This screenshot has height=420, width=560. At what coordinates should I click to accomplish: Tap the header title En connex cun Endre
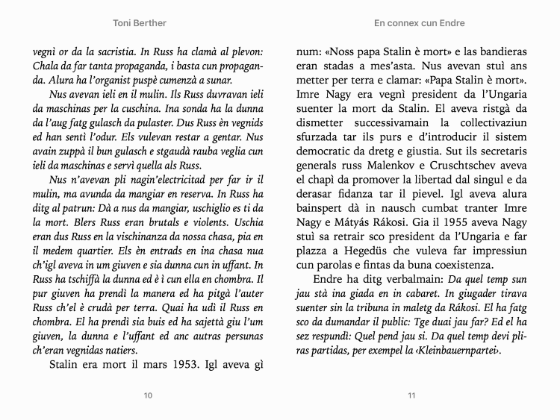click(x=420, y=23)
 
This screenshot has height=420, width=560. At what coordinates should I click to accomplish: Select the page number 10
click(x=148, y=395)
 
